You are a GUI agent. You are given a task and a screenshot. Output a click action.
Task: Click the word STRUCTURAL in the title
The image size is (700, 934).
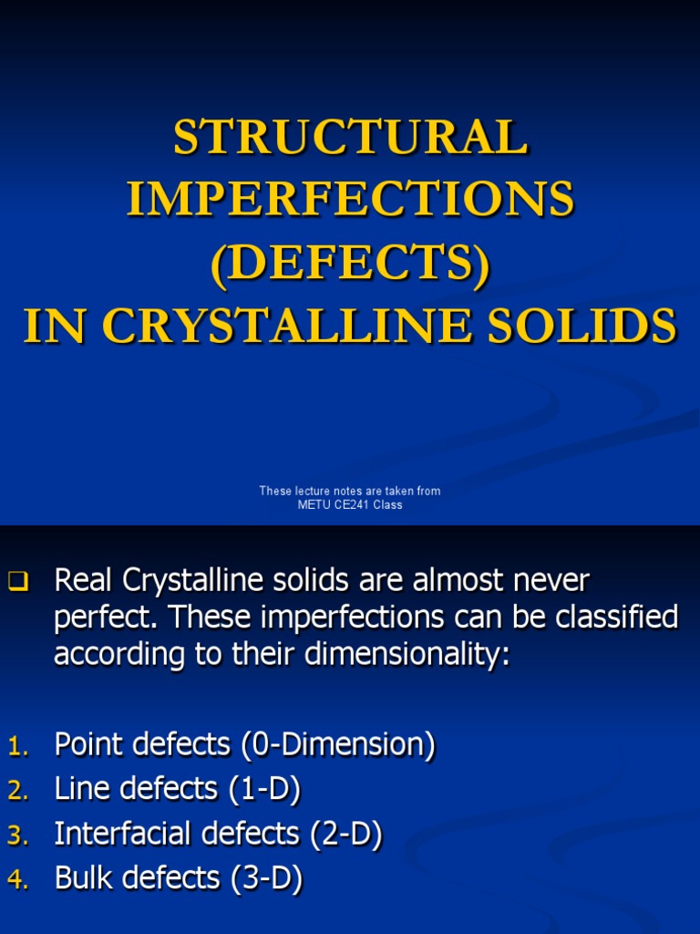pyautogui.click(x=350, y=139)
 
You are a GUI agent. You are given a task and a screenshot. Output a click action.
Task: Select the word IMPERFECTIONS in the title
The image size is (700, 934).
pyautogui.click(x=350, y=200)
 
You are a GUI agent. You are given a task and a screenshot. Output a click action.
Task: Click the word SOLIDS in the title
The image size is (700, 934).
pyautogui.click(x=589, y=327)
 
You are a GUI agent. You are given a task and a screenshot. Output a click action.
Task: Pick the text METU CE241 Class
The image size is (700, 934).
pyautogui.click(x=350, y=505)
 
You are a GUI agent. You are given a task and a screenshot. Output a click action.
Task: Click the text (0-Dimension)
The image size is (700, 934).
pyautogui.click(x=338, y=745)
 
